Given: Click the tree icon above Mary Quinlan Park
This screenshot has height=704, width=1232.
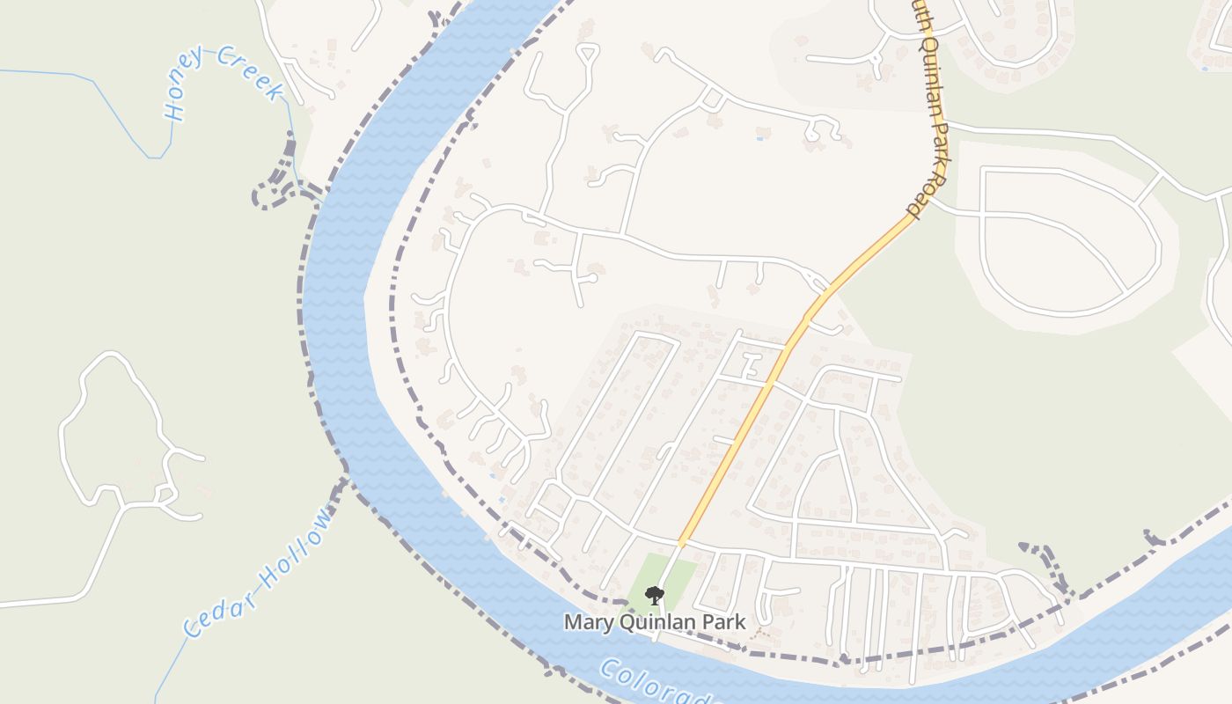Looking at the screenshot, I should [654, 596].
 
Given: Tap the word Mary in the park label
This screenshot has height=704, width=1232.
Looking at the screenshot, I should [585, 622].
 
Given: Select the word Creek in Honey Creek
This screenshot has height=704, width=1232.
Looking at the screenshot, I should [252, 72].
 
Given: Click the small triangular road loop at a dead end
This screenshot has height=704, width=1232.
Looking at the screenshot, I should [587, 55].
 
